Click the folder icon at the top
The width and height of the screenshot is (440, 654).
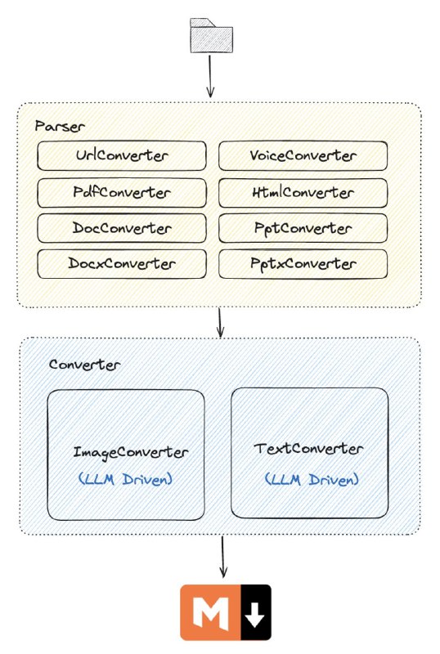(211, 35)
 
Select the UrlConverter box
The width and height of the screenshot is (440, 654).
(122, 155)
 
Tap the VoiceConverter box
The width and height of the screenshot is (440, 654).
(303, 155)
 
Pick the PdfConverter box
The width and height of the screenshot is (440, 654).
(122, 193)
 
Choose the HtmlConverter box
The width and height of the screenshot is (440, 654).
(303, 193)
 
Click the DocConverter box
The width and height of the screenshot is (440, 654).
(122, 228)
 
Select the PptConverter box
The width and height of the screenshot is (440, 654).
(303, 228)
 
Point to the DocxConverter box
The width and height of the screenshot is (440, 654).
(122, 263)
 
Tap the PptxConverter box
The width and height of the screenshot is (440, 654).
(303, 263)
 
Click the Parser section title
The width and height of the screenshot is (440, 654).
(60, 126)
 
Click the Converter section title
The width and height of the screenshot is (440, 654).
(85, 365)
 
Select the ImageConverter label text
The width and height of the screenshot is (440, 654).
(131, 453)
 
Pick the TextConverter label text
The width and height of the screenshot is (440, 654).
(308, 449)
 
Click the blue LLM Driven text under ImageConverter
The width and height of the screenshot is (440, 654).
(126, 479)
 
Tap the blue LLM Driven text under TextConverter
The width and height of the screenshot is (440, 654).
(312, 479)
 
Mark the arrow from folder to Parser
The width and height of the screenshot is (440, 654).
(210, 76)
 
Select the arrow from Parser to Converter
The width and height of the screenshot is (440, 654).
(220, 322)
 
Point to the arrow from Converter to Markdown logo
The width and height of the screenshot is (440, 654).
(223, 557)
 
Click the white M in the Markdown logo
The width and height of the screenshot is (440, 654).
(211, 613)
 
